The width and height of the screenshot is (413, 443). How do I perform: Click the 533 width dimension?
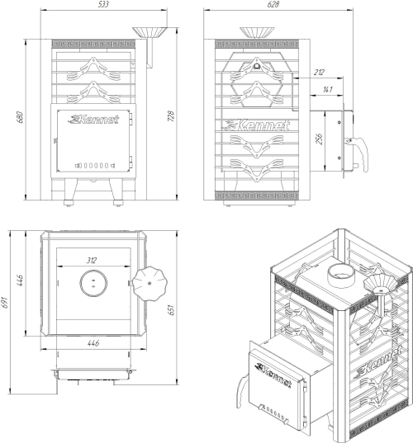pyautogui.click(x=103, y=4)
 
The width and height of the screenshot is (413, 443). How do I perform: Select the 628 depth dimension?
pyautogui.click(x=273, y=4)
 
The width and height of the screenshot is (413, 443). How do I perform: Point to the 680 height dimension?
pyautogui.click(x=20, y=117)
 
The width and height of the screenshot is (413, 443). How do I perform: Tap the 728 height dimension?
pyautogui.click(x=171, y=116)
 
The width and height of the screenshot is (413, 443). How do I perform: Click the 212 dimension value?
pyautogui.click(x=319, y=73)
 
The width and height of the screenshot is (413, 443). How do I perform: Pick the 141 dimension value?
pyautogui.click(x=327, y=90)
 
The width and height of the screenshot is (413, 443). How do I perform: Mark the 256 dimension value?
pyautogui.click(x=319, y=139)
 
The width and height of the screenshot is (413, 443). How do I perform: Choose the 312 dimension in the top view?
pyautogui.click(x=92, y=260)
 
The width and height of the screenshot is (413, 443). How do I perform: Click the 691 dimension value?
pyautogui.click(x=5, y=302)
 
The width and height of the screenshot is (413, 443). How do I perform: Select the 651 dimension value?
pyautogui.click(x=171, y=310)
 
